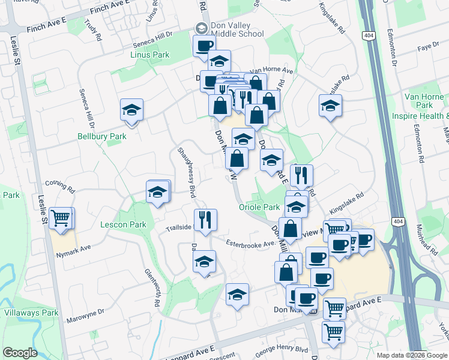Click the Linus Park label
point(149,55)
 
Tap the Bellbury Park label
point(102,137)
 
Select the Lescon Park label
point(124,225)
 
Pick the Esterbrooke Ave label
point(250,242)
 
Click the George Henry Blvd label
point(282,349)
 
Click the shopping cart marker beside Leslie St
point(61,219)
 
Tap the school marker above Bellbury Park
point(131,110)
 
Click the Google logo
point(20,353)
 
